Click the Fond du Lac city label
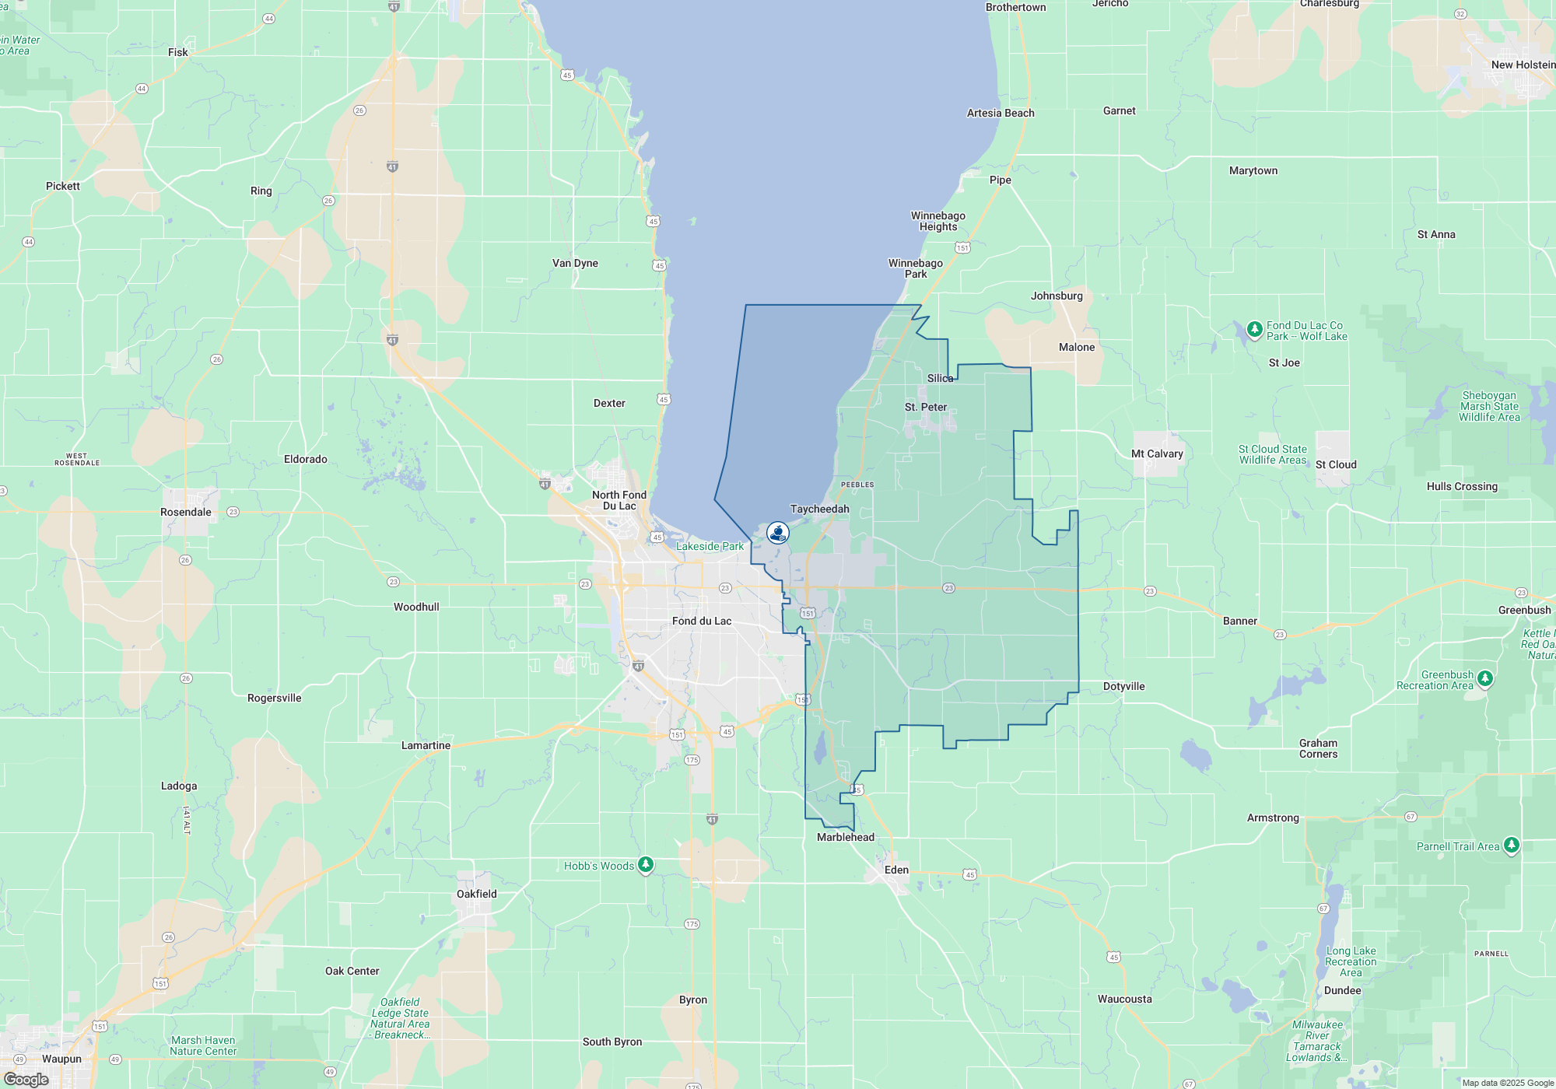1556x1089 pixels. pyautogui.click(x=702, y=621)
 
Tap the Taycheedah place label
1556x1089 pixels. pyautogui.click(x=819, y=509)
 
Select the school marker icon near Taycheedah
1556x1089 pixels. pyautogui.click(x=777, y=533)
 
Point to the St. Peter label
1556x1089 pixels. pyautogui.click(x=926, y=407)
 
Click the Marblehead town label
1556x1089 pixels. pyautogui.click(x=846, y=837)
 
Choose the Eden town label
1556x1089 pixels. pyautogui.click(x=896, y=870)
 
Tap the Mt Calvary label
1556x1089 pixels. pyautogui.click(x=1157, y=453)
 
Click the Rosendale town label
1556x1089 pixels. pyautogui.click(x=186, y=512)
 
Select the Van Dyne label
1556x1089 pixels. pyautogui.click(x=575, y=263)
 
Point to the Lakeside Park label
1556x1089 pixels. pyautogui.click(x=710, y=546)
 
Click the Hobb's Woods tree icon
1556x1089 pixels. pyautogui.click(x=645, y=865)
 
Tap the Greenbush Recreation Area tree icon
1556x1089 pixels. pyautogui.click(x=1484, y=679)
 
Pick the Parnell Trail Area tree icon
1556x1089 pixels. pyautogui.click(x=1511, y=846)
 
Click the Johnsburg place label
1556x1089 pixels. pyautogui.click(x=1057, y=296)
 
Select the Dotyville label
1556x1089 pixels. pyautogui.click(x=1123, y=686)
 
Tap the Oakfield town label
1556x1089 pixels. pyautogui.click(x=476, y=894)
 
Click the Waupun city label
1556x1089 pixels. pyautogui.click(x=61, y=1059)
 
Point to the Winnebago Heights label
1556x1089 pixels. pyautogui.click(x=938, y=221)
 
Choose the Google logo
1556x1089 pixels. pyautogui.click(x=26, y=1079)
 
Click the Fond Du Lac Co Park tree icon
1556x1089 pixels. pyautogui.click(x=1254, y=330)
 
